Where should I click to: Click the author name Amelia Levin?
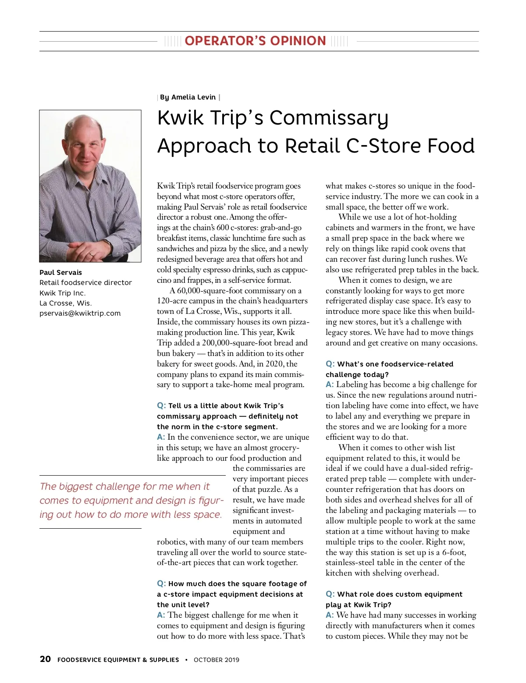(193, 97)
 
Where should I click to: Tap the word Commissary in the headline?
(329, 118)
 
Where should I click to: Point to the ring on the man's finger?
(91, 253)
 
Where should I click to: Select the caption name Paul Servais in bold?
(60, 273)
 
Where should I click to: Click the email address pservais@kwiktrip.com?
(80, 313)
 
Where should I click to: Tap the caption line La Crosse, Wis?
(66, 303)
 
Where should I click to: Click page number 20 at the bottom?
(45, 659)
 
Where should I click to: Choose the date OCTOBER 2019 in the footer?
(217, 660)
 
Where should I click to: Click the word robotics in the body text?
(171, 542)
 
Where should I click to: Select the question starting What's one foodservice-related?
(395, 364)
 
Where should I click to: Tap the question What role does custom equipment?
(399, 594)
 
